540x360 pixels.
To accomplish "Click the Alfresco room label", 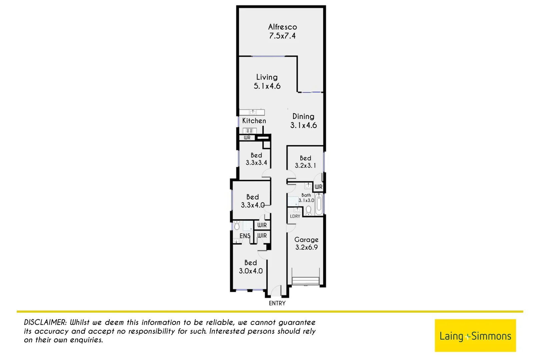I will coord(282,27).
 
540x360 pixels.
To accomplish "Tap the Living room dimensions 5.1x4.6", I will coord(267,86).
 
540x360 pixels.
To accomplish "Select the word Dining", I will coord(303,116).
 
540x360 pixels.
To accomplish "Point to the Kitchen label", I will coord(254,121).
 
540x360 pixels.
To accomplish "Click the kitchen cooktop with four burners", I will coord(249,131).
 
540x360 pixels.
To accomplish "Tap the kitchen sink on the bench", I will coord(253,112).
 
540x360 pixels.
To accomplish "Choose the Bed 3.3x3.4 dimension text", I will coord(256,163).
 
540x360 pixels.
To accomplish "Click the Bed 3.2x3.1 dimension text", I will coord(305,165).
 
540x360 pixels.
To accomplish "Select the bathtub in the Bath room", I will coord(319,204).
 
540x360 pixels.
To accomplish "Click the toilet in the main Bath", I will coord(309,210).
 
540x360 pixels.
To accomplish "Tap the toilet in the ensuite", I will coord(237,226).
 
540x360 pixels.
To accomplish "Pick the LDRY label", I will coord(295,216).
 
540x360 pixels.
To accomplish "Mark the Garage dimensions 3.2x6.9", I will coord(306,247).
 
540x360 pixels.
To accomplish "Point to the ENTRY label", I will coord(277,303).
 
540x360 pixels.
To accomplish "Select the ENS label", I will coord(245,236).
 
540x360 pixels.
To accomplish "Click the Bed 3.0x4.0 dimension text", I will coord(251,271).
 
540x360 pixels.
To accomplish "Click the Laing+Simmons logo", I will coord(475,336).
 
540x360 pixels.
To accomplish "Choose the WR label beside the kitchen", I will coord(247,138).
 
